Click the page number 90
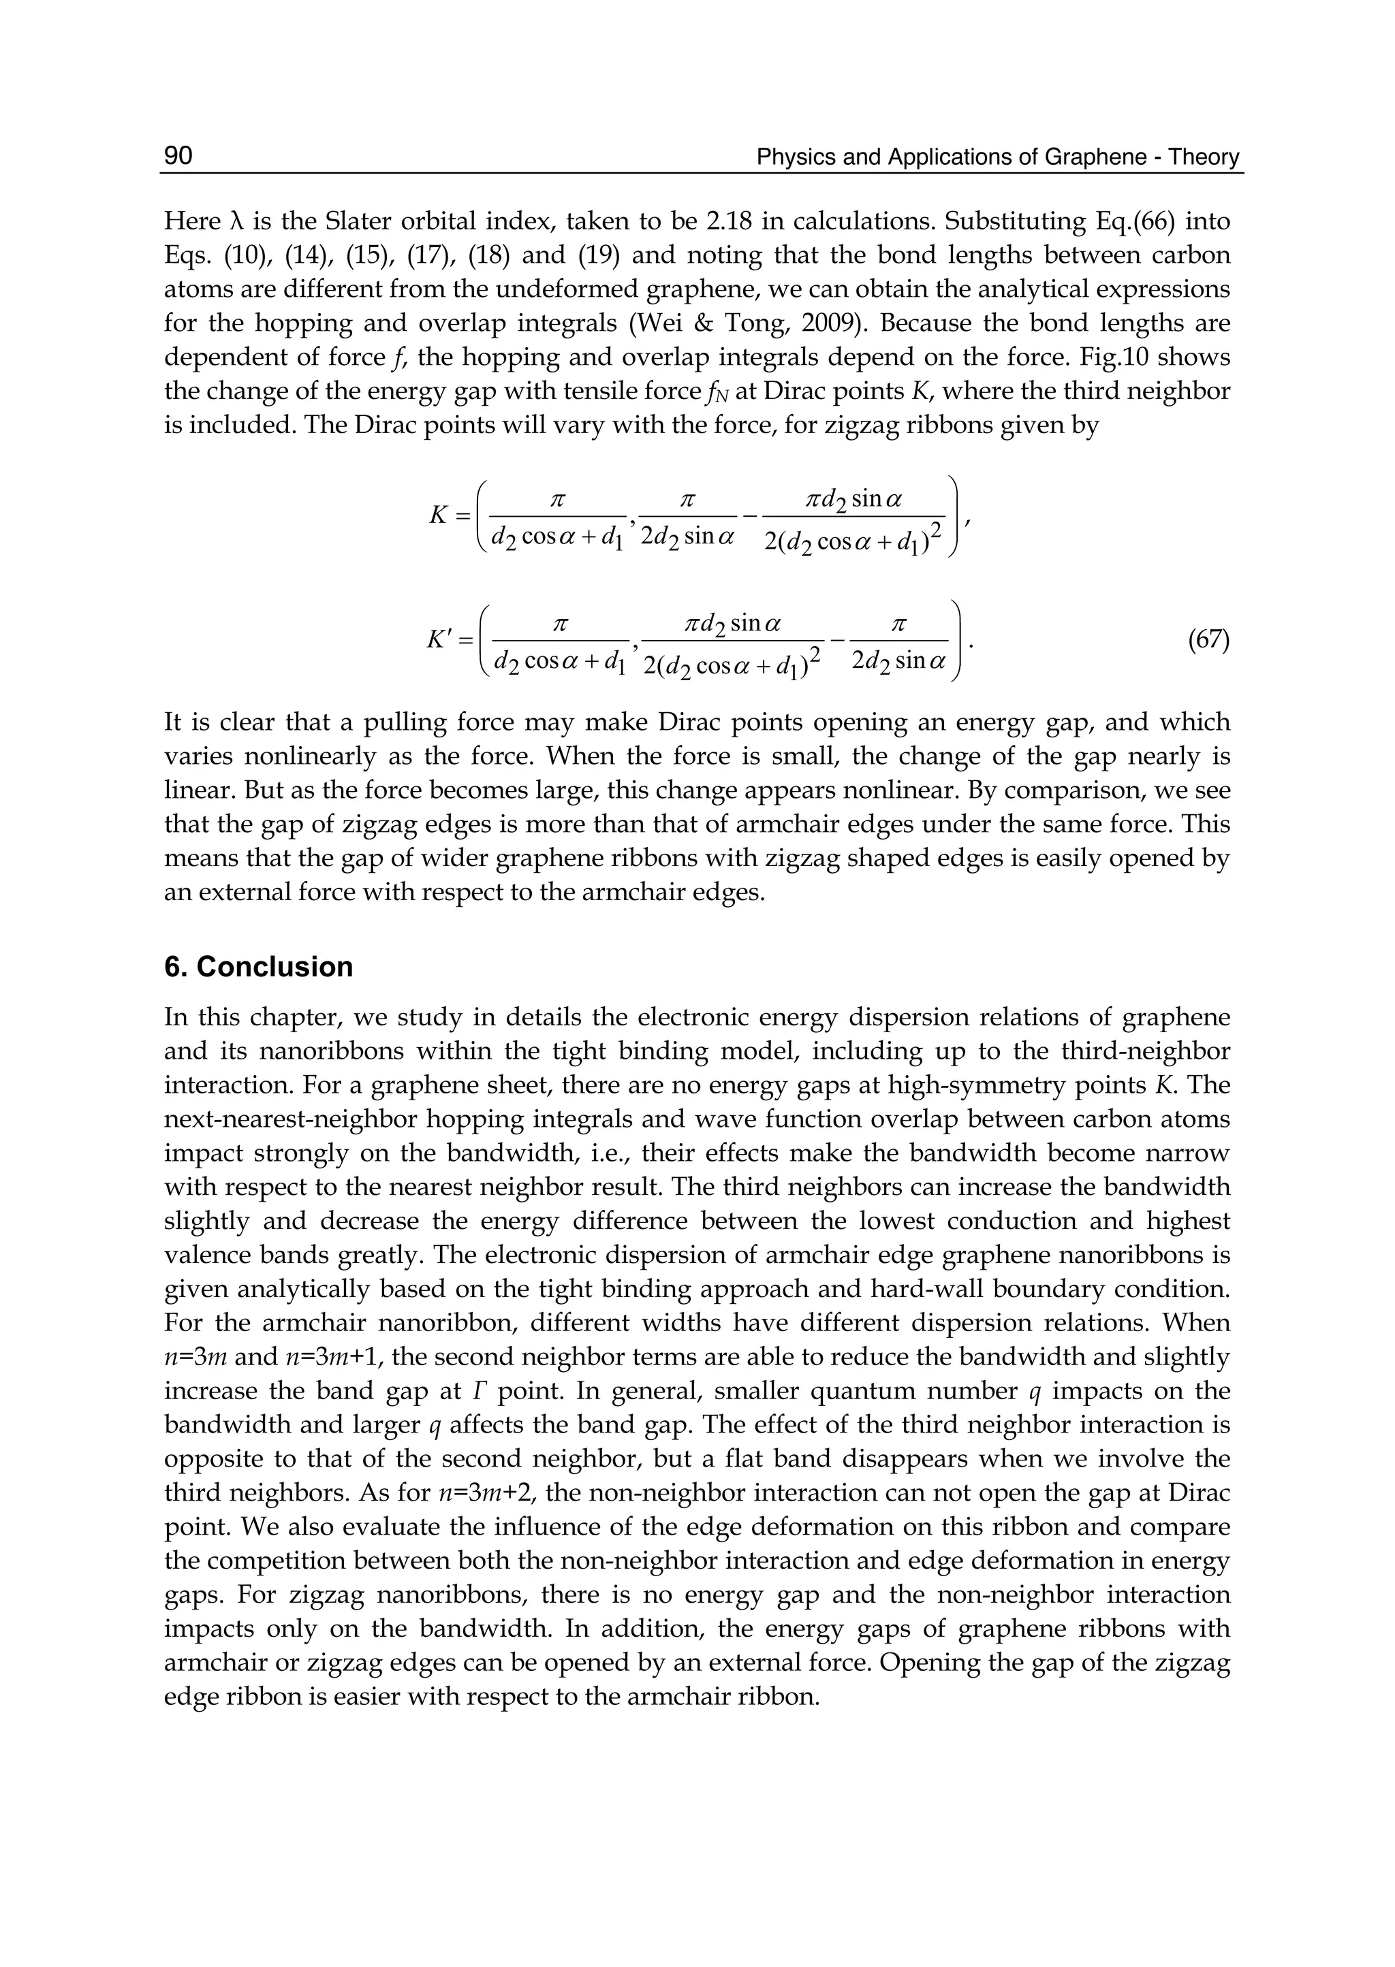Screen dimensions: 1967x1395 (178, 155)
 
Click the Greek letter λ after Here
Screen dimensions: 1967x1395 (240, 221)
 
